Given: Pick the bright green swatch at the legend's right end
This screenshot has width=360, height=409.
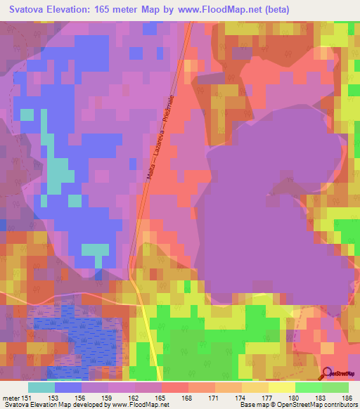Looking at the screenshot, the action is [335, 387].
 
